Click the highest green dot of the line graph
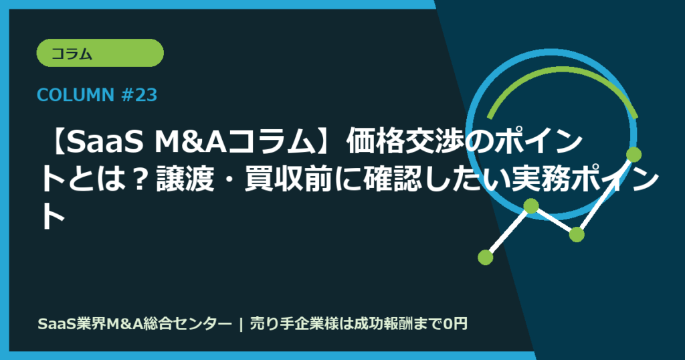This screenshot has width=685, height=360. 633,155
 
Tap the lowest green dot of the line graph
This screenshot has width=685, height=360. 486,256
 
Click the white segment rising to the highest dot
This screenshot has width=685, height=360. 605,195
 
